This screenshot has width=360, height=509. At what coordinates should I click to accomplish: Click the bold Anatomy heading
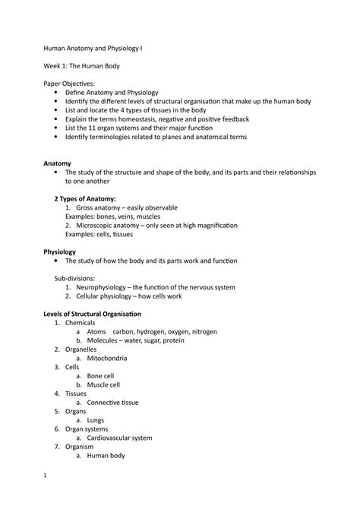click(57, 163)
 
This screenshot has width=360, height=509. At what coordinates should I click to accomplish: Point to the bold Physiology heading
click(61, 250)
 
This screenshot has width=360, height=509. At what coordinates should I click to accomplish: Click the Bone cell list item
click(103, 375)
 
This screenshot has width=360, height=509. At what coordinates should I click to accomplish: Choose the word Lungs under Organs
click(95, 419)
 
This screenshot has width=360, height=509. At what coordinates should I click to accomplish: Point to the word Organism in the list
click(81, 447)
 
